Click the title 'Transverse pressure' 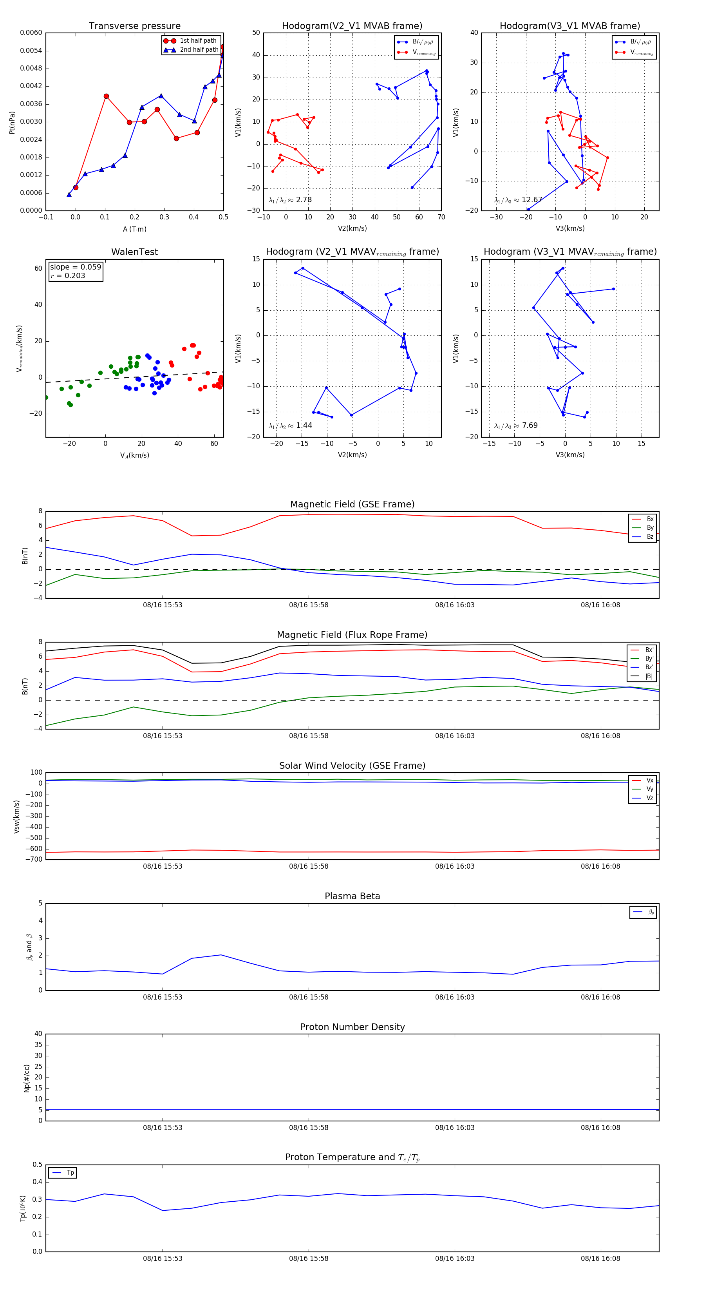[134, 26]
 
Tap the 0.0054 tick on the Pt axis [31, 51]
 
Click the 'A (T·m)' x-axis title [134, 229]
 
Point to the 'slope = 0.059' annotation [75, 267]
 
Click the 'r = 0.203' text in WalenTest [68, 275]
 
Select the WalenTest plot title [134, 252]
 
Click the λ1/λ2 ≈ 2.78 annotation [290, 200]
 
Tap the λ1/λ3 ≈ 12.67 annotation [518, 200]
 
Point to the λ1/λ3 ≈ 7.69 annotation [516, 426]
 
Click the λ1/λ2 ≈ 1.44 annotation [290, 426]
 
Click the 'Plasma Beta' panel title [352, 896]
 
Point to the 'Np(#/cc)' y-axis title [27, 1077]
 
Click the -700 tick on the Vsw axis [36, 859]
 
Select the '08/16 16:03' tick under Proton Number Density [455, 1127]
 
